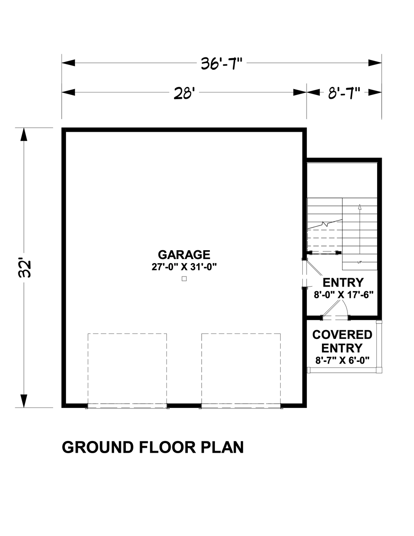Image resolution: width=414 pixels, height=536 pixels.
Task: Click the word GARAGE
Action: point(184,254)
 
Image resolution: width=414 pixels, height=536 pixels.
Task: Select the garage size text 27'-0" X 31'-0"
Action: point(184,267)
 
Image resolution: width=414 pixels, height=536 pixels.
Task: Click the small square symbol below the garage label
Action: point(184,279)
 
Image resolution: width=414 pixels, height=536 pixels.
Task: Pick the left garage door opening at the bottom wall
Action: point(127,405)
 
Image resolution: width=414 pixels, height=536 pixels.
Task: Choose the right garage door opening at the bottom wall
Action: point(241,405)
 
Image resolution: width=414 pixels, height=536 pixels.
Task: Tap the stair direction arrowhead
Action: point(359,206)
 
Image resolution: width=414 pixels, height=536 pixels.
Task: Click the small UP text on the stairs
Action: point(359,263)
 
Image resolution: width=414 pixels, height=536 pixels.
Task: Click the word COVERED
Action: point(342,335)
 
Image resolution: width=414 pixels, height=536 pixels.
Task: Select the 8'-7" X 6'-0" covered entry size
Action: point(342,360)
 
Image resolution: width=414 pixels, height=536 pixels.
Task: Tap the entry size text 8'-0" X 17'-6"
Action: point(343,295)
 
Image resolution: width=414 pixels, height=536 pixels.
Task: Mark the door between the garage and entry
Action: point(305,274)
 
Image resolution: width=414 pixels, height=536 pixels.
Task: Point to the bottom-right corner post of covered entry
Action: point(378,370)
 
